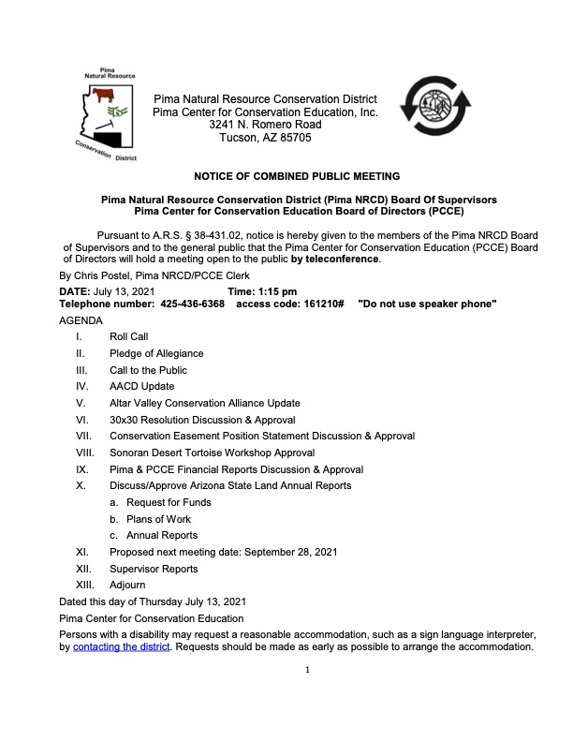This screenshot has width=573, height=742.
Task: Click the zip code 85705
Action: pos(293,138)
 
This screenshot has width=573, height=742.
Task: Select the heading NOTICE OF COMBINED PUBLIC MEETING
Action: pos(297,176)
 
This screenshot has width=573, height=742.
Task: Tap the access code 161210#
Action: pos(318,305)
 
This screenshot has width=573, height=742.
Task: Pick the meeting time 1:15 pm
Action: pos(277,292)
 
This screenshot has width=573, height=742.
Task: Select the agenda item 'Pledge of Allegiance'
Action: pos(156,353)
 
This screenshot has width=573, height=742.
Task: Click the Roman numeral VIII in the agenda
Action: pos(85,453)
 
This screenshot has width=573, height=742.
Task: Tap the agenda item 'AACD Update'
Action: pos(142,386)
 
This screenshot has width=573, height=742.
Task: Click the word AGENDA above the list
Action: pos(81,319)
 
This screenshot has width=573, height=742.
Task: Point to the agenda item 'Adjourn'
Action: pos(127,585)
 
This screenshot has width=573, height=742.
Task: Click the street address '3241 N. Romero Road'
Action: pos(265,125)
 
